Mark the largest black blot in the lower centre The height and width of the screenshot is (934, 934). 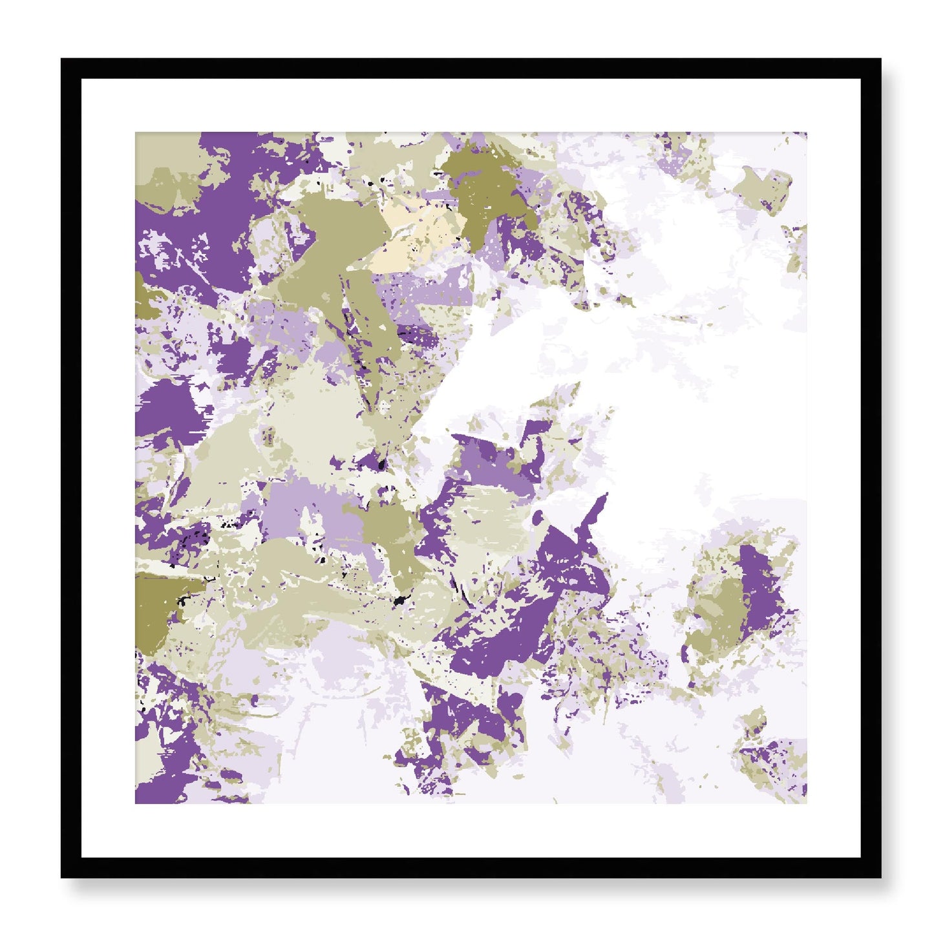click(399, 601)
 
